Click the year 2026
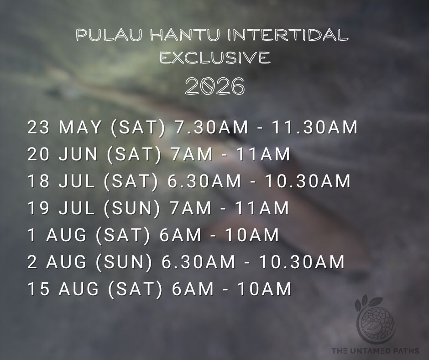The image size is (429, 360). click(x=215, y=86)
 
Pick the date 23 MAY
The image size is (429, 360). click(x=64, y=127)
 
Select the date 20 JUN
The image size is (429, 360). click(x=63, y=154)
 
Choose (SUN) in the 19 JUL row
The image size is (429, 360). click(x=131, y=208)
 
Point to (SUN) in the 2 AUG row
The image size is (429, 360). click(x=124, y=262)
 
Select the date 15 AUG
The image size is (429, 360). click(x=63, y=289)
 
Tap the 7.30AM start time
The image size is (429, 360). click(x=211, y=127)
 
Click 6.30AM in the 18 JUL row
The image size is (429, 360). click(x=204, y=181)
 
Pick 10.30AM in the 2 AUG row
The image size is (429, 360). click(x=302, y=262)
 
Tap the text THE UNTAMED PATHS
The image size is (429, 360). click(x=375, y=351)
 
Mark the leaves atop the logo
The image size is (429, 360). click(x=368, y=303)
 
